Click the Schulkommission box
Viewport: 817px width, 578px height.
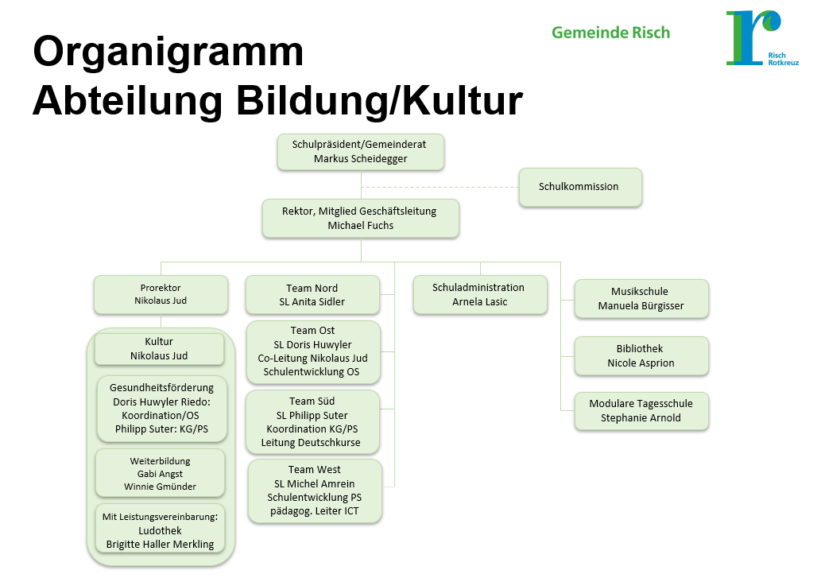(579, 187)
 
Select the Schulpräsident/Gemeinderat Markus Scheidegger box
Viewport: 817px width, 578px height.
(360, 151)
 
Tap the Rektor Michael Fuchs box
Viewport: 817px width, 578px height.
(360, 218)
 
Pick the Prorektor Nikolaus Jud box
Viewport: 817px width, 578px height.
(160, 294)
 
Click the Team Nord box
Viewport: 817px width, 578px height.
(312, 294)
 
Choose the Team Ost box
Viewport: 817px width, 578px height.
(312, 351)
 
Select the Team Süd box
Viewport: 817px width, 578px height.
(312, 421)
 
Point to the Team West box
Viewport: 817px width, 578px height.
(315, 490)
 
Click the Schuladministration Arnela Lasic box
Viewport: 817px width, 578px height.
(478, 294)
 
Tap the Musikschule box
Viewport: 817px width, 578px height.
(641, 298)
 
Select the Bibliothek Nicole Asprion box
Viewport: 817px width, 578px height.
(640, 355)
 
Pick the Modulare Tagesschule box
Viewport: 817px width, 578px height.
(641, 410)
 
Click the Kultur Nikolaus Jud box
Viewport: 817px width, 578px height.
(159, 348)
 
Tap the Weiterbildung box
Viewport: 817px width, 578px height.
(160, 473)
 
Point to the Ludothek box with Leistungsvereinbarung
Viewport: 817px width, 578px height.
(160, 530)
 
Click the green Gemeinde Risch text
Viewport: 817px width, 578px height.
(610, 33)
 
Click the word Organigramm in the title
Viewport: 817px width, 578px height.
(168, 52)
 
